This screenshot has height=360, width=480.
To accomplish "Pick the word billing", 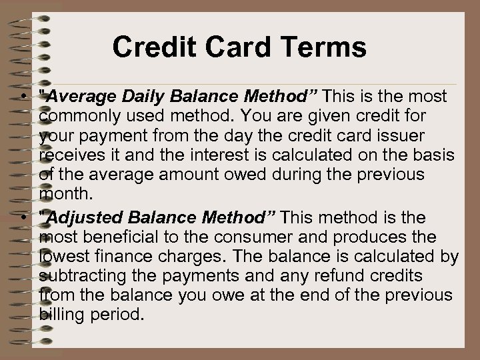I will point(59,315).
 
